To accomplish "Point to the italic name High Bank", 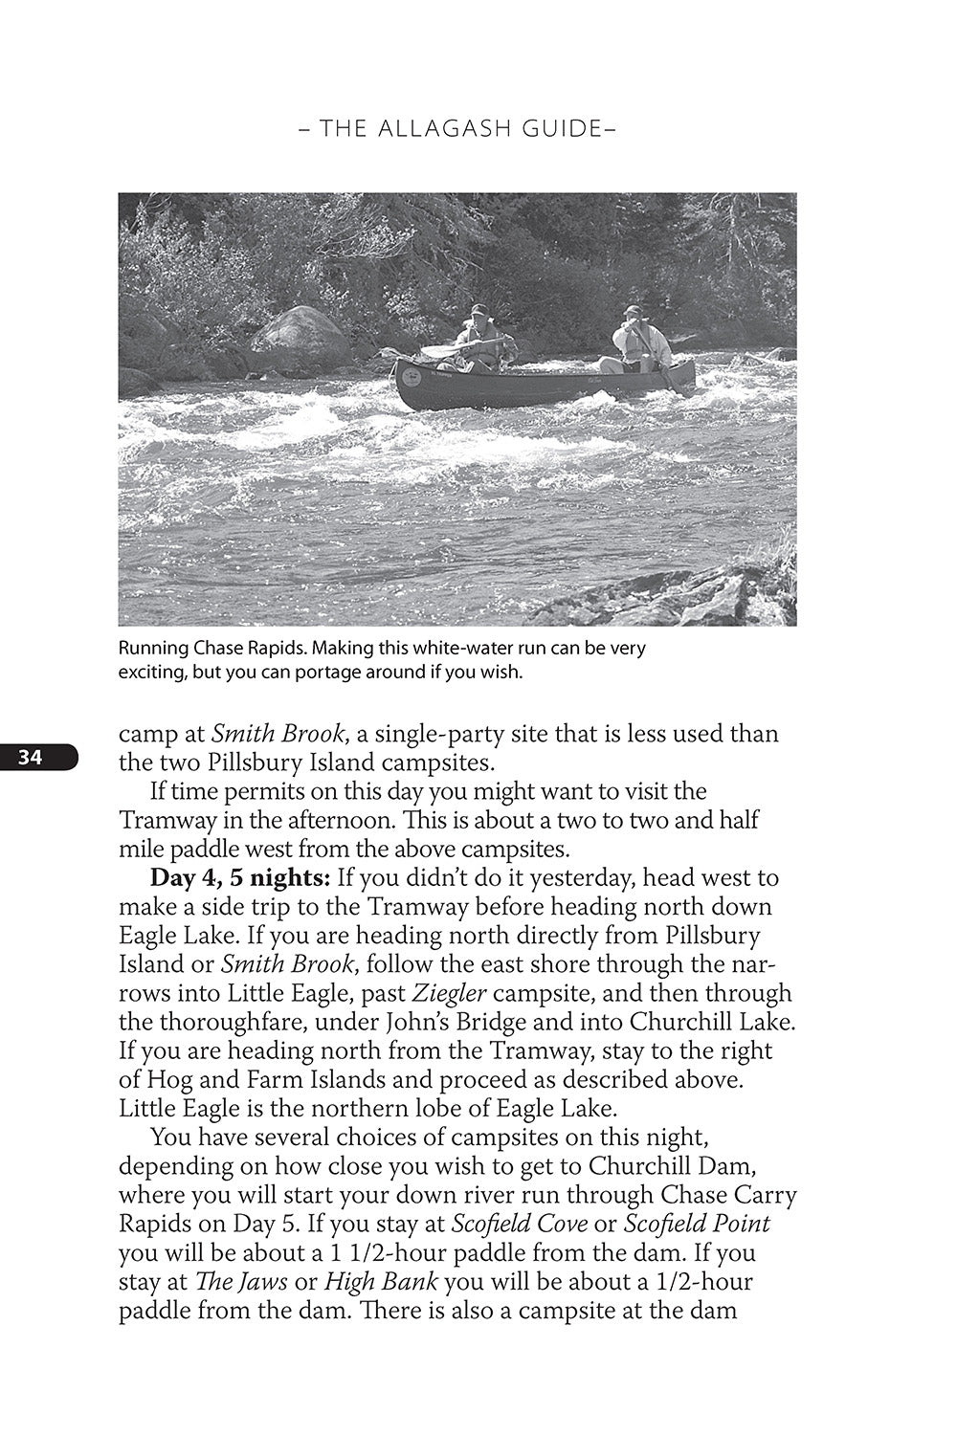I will (381, 1282).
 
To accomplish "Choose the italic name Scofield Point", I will (697, 1225).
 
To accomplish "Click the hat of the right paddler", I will (632, 311).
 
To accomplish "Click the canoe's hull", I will (536, 388).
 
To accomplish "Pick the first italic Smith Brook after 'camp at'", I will (277, 735).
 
